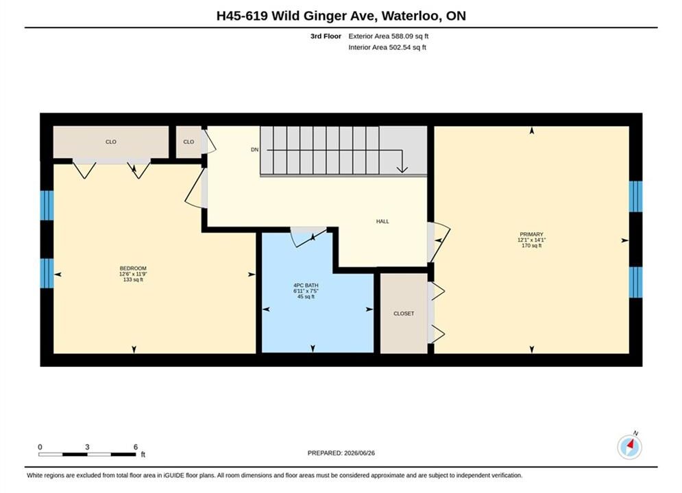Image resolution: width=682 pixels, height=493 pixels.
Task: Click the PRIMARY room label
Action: point(531,234)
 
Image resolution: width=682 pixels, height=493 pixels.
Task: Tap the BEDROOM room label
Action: point(133,268)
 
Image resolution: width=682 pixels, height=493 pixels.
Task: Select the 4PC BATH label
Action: point(306,286)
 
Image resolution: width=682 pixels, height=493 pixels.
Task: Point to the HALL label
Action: point(382,222)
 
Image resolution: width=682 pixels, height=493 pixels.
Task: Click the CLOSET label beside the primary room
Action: point(404,314)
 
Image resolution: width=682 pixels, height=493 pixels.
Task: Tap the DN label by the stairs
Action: point(255,150)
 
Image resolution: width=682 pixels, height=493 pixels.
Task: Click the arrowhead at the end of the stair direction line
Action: point(402,169)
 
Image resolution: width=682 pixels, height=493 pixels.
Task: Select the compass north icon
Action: point(629,446)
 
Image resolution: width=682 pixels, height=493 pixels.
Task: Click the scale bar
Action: point(87,455)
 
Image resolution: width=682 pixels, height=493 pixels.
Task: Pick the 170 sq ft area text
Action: point(531,245)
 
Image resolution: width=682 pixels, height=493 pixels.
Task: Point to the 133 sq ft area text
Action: point(133,280)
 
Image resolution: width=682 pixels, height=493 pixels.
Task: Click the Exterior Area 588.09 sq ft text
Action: point(389,36)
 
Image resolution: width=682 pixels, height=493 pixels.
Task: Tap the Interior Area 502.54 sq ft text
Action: point(387,47)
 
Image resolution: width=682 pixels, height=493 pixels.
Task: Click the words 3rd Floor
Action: point(326,36)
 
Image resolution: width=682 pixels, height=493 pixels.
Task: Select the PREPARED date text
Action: point(341,453)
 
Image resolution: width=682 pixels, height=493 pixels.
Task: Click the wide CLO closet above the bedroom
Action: point(111,142)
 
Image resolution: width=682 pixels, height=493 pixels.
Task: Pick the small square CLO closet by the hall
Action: point(188,142)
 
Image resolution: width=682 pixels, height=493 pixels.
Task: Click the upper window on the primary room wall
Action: point(635,197)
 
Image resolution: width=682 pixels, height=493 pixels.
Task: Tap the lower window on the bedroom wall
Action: point(47,273)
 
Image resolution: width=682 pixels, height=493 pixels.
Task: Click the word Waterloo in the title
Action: point(413,16)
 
